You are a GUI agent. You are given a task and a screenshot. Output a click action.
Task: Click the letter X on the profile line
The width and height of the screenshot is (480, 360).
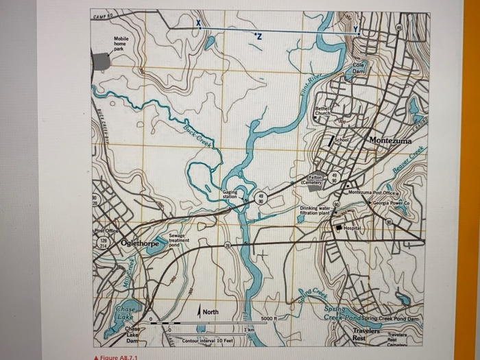pos(198,24)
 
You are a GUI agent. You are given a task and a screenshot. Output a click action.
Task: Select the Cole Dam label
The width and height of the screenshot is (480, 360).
pos(359,68)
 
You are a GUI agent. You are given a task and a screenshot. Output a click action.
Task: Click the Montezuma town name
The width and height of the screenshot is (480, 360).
pos(390,140)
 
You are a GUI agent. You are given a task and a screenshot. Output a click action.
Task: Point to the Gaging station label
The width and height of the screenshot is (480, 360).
pos(230,195)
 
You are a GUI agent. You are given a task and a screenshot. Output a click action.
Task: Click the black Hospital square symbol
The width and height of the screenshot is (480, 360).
pos(338,227)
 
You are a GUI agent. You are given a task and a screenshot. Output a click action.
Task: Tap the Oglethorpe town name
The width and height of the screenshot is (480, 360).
pos(140,243)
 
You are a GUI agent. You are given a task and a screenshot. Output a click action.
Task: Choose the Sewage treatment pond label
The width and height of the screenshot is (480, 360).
pos(178,240)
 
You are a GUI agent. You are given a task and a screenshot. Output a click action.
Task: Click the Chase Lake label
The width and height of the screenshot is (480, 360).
pos(125,313)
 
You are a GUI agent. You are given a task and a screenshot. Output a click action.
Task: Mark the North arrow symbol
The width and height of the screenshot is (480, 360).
pos(200,312)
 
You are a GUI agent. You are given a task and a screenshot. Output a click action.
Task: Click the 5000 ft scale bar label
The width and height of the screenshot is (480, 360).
pos(269,318)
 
